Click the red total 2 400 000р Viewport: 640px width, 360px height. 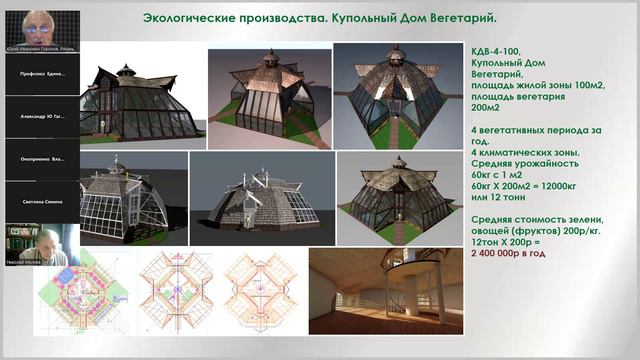(x=508, y=254)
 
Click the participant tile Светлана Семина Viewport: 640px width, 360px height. (x=41, y=201)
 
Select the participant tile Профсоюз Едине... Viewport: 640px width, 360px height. (x=41, y=74)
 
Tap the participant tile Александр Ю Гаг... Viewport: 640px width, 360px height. (x=41, y=116)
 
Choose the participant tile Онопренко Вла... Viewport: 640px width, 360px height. (x=41, y=158)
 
